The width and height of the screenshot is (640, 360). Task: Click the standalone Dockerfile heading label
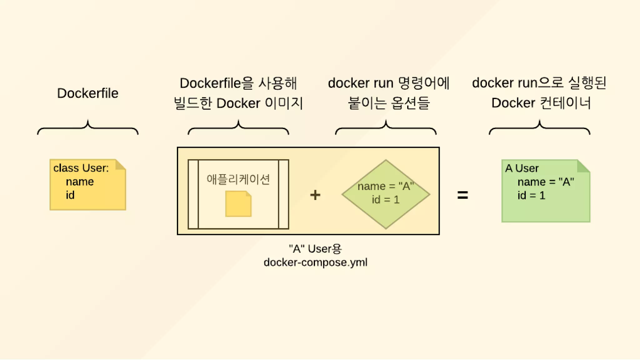pos(87,93)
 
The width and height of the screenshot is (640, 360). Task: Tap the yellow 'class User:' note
pos(87,185)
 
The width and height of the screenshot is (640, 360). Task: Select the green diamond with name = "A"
pos(386,194)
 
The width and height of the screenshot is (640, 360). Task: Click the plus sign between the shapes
pos(315,195)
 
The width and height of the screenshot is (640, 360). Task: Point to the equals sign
pos(462,195)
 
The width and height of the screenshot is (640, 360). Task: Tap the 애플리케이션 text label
pos(238,179)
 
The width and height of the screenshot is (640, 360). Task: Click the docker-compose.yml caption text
pos(315,262)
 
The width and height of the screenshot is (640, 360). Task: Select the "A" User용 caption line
pos(315,249)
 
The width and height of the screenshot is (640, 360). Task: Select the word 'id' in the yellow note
pos(70,195)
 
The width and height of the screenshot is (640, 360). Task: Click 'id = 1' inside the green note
pos(531,195)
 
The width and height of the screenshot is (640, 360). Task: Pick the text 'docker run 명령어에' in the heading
pos(388,83)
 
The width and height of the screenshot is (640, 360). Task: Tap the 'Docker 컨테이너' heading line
pos(541,103)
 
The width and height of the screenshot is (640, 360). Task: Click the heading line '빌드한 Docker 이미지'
pos(238,103)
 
